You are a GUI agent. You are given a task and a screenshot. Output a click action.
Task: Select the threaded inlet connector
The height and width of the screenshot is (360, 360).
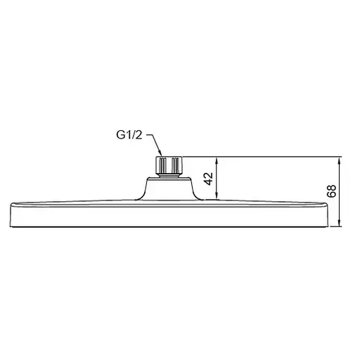click(169, 166)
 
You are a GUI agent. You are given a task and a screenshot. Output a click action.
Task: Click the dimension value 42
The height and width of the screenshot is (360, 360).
click(207, 178)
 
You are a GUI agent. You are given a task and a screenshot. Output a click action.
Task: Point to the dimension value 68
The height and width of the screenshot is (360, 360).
click(330, 191)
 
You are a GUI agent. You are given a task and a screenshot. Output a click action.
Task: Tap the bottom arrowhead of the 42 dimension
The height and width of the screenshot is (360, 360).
click(218, 196)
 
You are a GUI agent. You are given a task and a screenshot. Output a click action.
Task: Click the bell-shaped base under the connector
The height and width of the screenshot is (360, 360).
click(169, 189)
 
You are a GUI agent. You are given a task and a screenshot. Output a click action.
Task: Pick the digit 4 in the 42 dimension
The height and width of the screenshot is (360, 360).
click(207, 181)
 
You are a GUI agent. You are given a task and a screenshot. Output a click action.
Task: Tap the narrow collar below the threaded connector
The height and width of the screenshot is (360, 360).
click(169, 176)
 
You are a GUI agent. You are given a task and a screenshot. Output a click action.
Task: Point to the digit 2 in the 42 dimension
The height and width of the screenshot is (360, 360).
click(207, 174)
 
